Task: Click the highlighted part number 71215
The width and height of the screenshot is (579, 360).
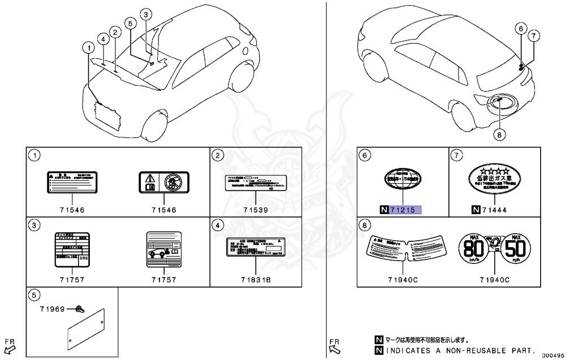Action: pyautogui.click(x=406, y=210)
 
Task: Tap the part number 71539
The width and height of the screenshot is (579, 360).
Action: pyautogui.click(x=255, y=210)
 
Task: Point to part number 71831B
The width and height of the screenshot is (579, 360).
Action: pyautogui.click(x=255, y=280)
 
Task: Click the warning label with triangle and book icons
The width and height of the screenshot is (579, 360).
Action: pyautogui.click(x=163, y=182)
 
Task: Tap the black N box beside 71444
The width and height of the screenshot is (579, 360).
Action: pyautogui.click(x=474, y=210)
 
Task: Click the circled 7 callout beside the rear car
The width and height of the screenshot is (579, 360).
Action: pyautogui.click(x=532, y=36)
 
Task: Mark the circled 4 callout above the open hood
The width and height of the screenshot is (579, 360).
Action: pyautogui.click(x=103, y=39)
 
